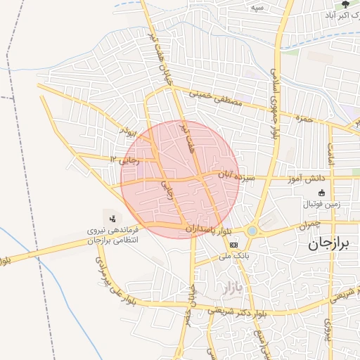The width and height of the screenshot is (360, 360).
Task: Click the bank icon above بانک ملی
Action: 233,244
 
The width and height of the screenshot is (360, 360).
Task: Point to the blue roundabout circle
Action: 252,231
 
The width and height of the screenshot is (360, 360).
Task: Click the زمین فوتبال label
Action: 321,204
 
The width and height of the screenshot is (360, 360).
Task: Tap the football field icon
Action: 322,193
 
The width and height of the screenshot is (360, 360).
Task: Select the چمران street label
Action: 308,225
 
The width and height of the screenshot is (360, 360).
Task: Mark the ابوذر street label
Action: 128,131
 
